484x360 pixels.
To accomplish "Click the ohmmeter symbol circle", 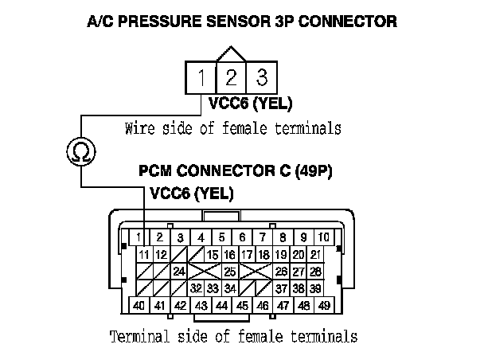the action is [80, 152].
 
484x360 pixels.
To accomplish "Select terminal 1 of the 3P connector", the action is [203, 78].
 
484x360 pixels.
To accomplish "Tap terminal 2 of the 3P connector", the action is [231, 78].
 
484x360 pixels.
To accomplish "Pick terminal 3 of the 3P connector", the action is [260, 78].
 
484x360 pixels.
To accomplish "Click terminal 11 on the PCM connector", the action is [144, 255].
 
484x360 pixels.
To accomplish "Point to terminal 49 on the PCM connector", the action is [324, 305].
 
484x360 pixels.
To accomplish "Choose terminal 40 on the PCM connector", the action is [139, 305].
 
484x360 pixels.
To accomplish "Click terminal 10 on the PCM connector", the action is [324, 237].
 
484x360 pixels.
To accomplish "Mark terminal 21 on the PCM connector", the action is [315, 255].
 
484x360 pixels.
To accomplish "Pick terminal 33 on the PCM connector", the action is [213, 288].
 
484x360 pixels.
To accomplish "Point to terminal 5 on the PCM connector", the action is [221, 237].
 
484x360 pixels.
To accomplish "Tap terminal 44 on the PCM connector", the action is [221, 305].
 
